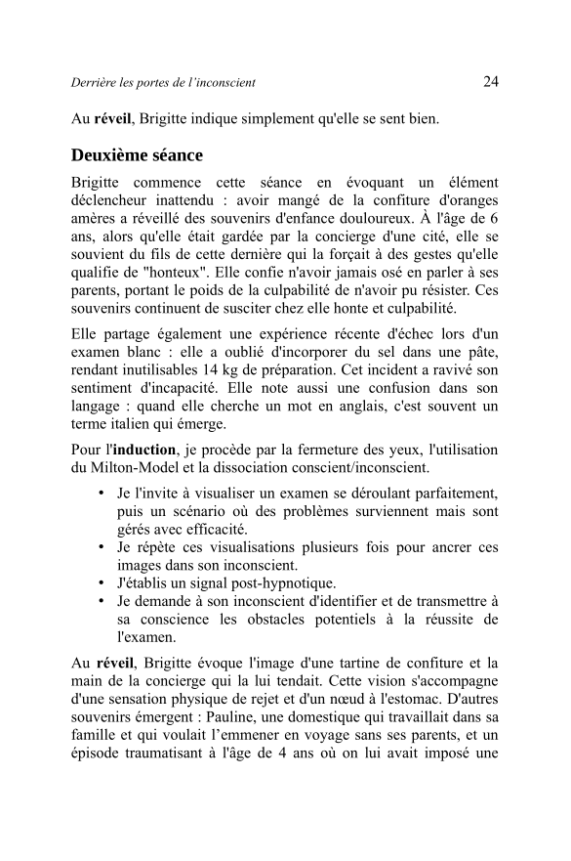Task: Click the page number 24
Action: pyautogui.click(x=491, y=81)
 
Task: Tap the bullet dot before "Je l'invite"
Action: pyautogui.click(x=102, y=493)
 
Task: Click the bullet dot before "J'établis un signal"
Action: pyautogui.click(x=102, y=584)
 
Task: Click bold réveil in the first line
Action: pyautogui.click(x=112, y=120)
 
